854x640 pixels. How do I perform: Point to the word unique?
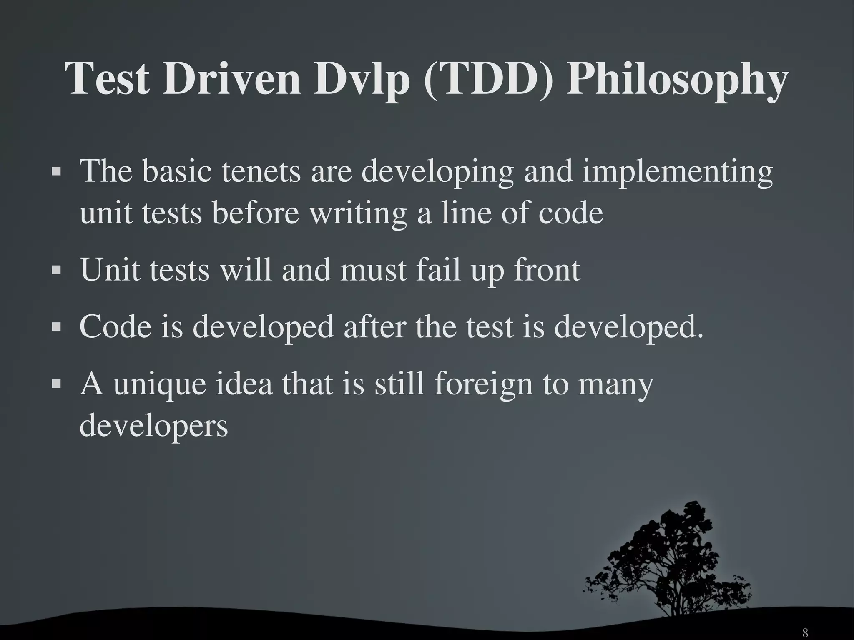(160, 384)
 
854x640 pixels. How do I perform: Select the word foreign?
(483, 384)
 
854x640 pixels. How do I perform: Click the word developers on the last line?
(153, 426)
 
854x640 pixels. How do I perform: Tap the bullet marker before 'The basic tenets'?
(56, 171)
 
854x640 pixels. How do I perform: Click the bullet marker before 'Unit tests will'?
(56, 270)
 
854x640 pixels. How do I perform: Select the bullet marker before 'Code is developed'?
(56, 327)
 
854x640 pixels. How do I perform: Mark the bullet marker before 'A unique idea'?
(56, 384)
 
